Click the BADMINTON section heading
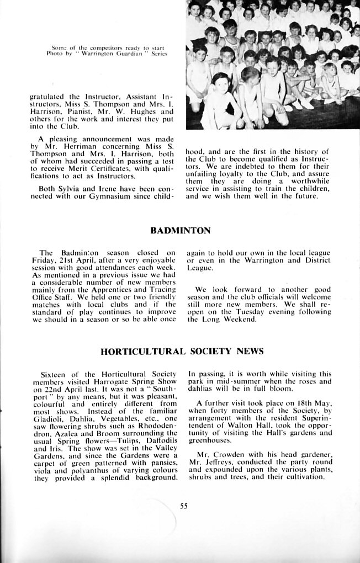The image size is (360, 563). pyautogui.click(x=180, y=230)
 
